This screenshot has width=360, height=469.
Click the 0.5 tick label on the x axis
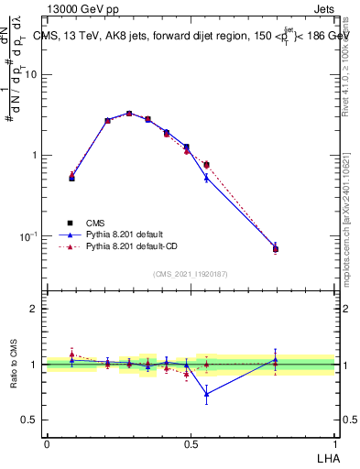pyautogui.click(x=191, y=442)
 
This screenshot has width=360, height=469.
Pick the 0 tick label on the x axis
pyautogui.click(x=47, y=442)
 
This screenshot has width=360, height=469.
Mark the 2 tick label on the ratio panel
pyautogui.click(x=35, y=310)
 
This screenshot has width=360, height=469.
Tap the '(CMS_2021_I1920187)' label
pyautogui.click(x=190, y=273)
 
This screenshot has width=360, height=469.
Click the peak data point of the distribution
pyautogui.click(x=129, y=114)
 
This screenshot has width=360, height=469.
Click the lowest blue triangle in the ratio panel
pyautogui.click(x=207, y=394)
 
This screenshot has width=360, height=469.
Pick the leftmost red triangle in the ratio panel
pyautogui.click(x=71, y=353)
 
